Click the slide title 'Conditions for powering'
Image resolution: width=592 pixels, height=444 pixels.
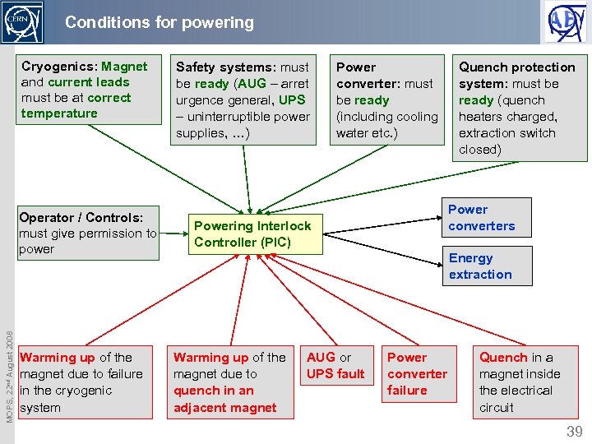point(160,22)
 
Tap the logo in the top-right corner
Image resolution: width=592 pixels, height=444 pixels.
point(567,22)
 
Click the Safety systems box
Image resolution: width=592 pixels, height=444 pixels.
point(243,100)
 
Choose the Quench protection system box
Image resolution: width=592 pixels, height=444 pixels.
point(520,109)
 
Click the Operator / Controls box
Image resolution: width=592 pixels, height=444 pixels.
point(87,234)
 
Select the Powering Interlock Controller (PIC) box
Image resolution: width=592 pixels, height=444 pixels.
point(252,234)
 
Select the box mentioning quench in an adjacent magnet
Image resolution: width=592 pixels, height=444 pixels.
point(229,382)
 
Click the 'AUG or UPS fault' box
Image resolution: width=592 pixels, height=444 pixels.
point(335,366)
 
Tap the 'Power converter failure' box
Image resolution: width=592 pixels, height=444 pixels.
point(418,374)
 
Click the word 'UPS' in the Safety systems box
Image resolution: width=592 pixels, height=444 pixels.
point(292,99)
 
